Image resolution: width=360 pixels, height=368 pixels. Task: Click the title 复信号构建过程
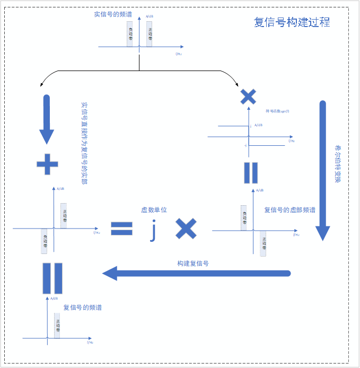(292, 22)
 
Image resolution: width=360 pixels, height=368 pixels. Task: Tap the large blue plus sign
(47, 164)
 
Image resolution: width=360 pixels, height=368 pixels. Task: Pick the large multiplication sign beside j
(186, 229)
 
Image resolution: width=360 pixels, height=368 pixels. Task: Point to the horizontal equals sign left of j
(121, 229)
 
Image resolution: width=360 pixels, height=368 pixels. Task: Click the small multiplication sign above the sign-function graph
(248, 97)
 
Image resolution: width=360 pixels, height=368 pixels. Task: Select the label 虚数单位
(154, 210)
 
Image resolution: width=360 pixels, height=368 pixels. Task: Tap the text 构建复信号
(193, 263)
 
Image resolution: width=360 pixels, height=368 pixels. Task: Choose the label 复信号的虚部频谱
(289, 210)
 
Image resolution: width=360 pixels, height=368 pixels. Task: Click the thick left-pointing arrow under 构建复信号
(196, 274)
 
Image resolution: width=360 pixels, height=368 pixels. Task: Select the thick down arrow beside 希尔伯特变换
(323, 170)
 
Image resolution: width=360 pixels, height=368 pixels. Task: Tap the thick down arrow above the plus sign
(47, 119)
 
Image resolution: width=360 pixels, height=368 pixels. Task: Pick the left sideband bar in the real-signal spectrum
(130, 34)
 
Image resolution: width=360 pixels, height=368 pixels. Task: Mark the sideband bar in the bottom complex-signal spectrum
(57, 326)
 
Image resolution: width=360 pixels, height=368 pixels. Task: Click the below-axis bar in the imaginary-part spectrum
(263, 242)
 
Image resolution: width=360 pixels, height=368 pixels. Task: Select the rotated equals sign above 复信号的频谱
(52, 278)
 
